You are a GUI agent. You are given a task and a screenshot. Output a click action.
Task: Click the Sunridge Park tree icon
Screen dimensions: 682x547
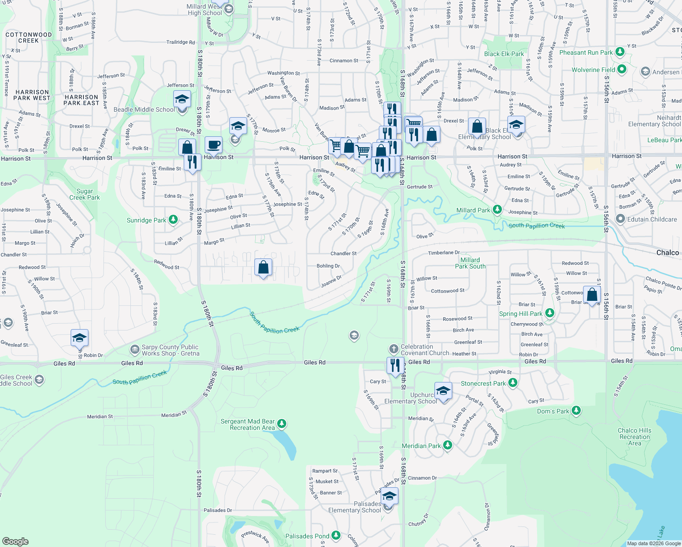point(173,220)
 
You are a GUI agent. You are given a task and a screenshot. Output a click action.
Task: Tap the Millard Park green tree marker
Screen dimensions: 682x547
point(497,210)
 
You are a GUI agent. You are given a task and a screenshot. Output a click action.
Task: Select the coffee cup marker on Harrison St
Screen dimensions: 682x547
point(213,145)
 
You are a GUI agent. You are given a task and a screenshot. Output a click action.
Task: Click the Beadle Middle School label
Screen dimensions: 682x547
point(144,109)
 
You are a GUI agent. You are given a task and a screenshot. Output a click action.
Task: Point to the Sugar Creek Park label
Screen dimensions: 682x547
point(85,195)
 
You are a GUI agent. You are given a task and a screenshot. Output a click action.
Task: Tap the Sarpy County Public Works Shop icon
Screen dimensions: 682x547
point(134,350)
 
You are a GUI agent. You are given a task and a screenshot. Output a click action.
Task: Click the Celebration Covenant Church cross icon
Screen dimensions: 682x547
point(394,349)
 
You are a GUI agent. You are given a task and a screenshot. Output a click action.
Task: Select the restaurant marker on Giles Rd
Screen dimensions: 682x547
point(395,365)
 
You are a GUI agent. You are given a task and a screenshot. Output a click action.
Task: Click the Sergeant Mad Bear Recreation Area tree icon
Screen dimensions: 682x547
point(282,424)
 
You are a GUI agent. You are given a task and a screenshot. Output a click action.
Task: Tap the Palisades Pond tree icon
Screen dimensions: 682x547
point(336,536)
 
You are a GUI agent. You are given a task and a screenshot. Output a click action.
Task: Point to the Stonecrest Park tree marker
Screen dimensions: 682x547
point(513,383)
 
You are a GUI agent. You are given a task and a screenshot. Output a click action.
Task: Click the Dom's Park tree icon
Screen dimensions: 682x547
point(576,411)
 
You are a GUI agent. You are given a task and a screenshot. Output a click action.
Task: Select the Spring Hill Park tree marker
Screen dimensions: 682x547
point(550,313)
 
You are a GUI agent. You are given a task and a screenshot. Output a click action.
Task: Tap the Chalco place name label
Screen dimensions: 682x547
point(667,253)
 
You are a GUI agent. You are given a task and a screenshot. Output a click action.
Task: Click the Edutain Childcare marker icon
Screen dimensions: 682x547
point(620,219)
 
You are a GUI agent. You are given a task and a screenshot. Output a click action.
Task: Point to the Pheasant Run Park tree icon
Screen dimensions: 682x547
point(620,52)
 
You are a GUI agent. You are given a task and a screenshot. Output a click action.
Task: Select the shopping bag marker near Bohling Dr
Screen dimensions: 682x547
point(263,267)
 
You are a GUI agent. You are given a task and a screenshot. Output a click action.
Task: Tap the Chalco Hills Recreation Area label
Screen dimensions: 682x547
point(635,437)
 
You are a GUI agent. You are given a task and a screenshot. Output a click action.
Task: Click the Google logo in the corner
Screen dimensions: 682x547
point(15,541)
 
